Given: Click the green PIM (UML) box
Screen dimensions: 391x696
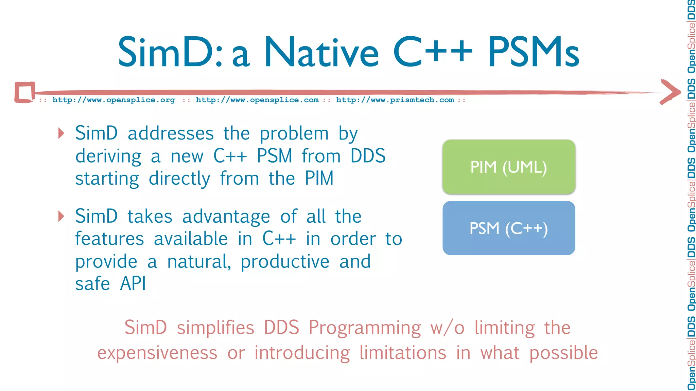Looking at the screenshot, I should pyautogui.click(x=508, y=167).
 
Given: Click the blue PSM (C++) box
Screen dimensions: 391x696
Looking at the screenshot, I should pyautogui.click(x=508, y=228).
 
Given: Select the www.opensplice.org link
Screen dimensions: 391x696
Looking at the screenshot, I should pyautogui.click(x=114, y=100).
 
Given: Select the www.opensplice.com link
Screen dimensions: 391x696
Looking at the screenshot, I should pyautogui.click(x=257, y=100).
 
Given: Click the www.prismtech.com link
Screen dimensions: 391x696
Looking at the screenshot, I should pyautogui.click(x=395, y=100).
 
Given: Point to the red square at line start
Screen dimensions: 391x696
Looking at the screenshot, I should pyautogui.click(x=25, y=92).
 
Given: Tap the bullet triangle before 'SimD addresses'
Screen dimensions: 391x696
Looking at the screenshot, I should pyautogui.click(x=61, y=133).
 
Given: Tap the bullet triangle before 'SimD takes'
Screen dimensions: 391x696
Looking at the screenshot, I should pyautogui.click(x=61, y=216).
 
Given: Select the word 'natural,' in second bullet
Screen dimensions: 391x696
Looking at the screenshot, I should pyautogui.click(x=199, y=262).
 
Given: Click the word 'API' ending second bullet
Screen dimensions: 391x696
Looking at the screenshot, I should pyautogui.click(x=133, y=284).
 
